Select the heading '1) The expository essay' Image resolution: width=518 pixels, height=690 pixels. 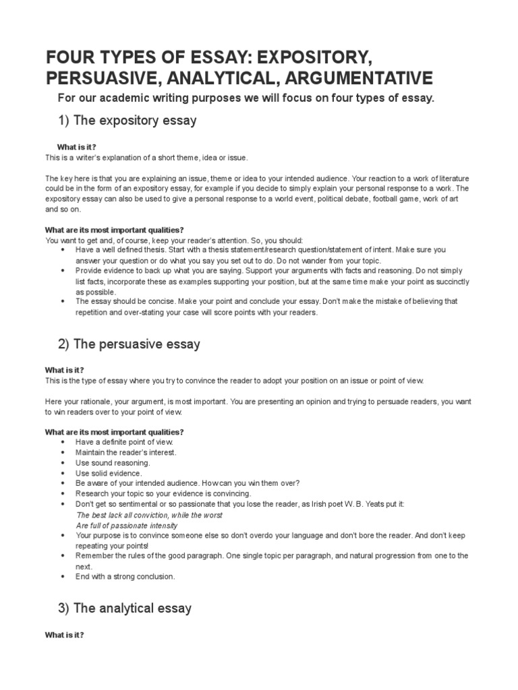point(127,121)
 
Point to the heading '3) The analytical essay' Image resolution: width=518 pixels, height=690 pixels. point(125,608)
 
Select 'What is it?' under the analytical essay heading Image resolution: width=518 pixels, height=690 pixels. point(64,635)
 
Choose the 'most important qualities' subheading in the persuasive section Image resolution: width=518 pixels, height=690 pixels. point(114,431)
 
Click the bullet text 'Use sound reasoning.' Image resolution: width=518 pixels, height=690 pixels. point(113,463)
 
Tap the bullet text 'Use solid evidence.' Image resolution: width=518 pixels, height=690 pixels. point(109,474)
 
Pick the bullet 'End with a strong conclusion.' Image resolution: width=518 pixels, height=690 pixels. point(125,577)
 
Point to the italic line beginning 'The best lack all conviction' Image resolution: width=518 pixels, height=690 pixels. point(149,515)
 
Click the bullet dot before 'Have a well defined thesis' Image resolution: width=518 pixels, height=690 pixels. point(62,249)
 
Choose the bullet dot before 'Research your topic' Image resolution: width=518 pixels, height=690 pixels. point(62,494)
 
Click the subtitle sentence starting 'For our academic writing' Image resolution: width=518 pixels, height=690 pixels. point(246,99)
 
